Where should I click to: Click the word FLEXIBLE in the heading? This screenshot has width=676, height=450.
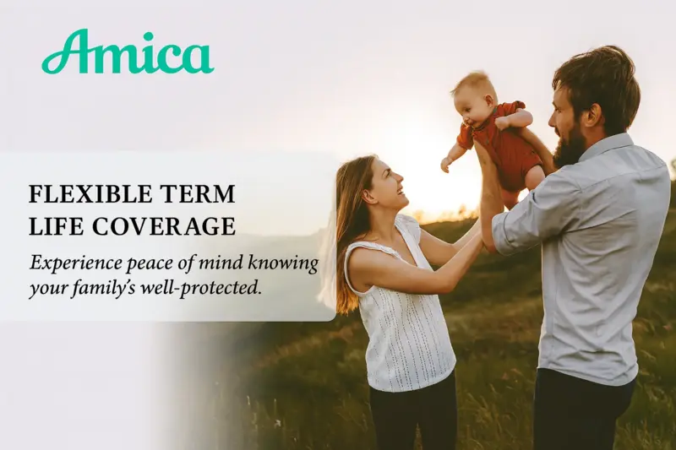pyautogui.click(x=91, y=194)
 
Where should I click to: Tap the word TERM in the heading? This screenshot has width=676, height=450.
pyautogui.click(x=199, y=194)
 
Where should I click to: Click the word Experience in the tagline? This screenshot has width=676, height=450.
pyautogui.click(x=75, y=263)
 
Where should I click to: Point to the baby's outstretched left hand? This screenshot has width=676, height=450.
pyautogui.click(x=446, y=165)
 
